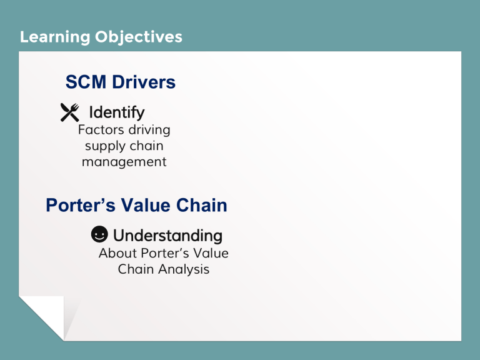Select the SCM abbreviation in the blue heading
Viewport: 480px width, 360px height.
85,82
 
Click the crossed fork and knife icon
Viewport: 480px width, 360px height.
69,112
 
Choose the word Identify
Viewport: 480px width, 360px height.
117,112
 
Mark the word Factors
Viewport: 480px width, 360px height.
98,131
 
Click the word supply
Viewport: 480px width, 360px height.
103,146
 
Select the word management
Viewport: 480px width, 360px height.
124,162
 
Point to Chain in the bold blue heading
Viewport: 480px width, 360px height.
204,205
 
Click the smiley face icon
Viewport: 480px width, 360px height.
99,235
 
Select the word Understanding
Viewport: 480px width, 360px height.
167,236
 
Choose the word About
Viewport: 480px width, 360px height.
117,254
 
